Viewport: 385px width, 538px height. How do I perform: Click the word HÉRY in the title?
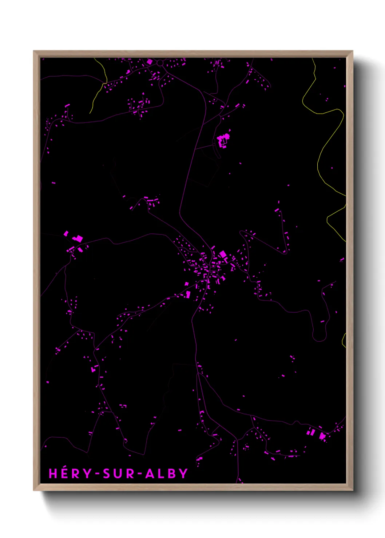[x=70, y=474]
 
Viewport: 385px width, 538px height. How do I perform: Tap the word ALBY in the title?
[x=166, y=474]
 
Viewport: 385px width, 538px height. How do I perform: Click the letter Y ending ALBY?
[x=183, y=474]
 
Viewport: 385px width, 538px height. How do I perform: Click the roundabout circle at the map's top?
[x=160, y=63]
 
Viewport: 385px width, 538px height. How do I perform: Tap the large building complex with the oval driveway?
[x=223, y=140]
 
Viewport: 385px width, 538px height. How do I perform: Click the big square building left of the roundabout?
[x=149, y=62]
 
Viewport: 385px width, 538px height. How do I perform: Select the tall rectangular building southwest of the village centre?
[x=188, y=294]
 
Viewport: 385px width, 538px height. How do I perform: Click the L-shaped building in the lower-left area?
[x=94, y=369]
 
